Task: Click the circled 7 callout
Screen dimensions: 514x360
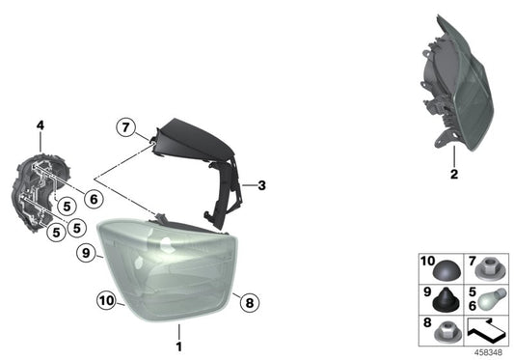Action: (x=126, y=127)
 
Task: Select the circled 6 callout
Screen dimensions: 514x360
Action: (x=94, y=199)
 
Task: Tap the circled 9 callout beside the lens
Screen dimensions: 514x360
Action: (x=86, y=253)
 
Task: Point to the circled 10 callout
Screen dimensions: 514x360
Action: (x=106, y=300)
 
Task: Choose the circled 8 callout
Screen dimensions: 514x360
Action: (x=250, y=302)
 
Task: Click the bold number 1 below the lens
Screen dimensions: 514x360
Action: (x=179, y=346)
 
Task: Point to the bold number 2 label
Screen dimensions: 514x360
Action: (x=454, y=174)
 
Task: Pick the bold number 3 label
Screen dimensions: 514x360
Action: (x=261, y=185)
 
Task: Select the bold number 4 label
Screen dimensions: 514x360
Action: (x=40, y=125)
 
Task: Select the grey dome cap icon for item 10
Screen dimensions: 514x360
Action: (x=447, y=270)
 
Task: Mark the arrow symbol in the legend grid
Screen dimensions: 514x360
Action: (x=486, y=328)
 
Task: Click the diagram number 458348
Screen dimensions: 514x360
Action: (x=488, y=353)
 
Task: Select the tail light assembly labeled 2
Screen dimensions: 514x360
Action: (x=457, y=84)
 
